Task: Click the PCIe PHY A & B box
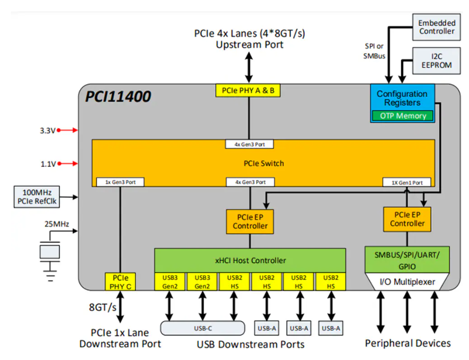(249, 91)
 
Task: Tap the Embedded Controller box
(437, 27)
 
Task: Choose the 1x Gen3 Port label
(120, 182)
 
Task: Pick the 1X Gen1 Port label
(407, 182)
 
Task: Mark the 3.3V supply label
(47, 131)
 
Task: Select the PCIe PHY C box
(120, 281)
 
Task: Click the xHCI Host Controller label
(250, 260)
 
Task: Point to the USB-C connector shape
(202, 328)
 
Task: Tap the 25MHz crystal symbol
(50, 252)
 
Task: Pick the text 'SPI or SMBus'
(374, 51)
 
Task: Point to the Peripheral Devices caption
(408, 343)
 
